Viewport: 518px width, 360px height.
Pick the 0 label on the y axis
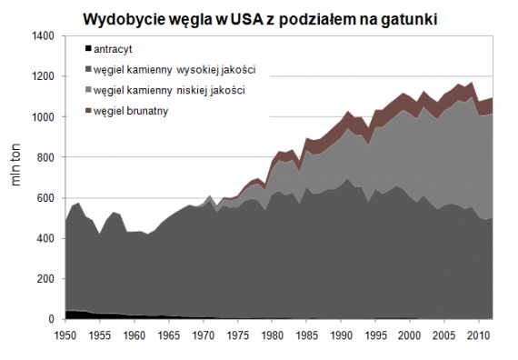[52, 319]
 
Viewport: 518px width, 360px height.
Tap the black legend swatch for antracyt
[86, 48]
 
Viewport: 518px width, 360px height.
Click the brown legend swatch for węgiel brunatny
[86, 111]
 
